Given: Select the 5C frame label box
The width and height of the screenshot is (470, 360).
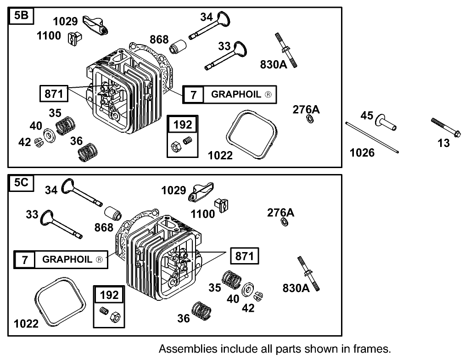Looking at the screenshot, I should (21, 183).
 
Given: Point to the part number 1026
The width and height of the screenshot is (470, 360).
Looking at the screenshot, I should (362, 152).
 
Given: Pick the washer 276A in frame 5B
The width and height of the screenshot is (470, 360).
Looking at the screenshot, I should (310, 120).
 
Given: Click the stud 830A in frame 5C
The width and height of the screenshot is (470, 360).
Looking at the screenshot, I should (308, 273).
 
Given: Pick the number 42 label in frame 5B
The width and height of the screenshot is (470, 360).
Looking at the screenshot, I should (24, 142).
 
